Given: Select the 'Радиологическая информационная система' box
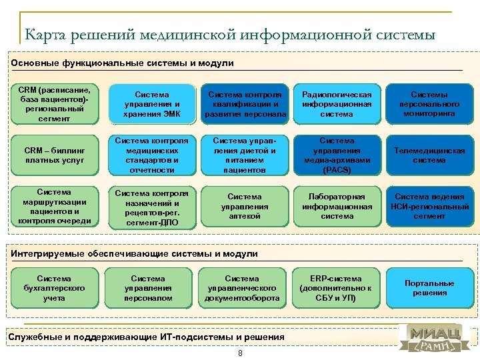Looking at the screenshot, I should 337,105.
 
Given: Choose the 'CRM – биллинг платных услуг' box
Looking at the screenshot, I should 55,155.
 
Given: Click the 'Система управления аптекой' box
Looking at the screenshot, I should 245,207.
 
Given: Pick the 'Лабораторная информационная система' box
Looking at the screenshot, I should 337,207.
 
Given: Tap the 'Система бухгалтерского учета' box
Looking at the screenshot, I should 55,288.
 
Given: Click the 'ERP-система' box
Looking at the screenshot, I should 337,288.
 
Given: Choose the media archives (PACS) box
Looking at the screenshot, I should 337,155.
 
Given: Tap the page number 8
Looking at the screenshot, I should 240,353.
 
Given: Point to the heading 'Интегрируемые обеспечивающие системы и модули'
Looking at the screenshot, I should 134,254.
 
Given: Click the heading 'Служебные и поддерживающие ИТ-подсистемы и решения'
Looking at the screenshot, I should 146,337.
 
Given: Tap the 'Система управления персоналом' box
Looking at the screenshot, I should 147,288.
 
